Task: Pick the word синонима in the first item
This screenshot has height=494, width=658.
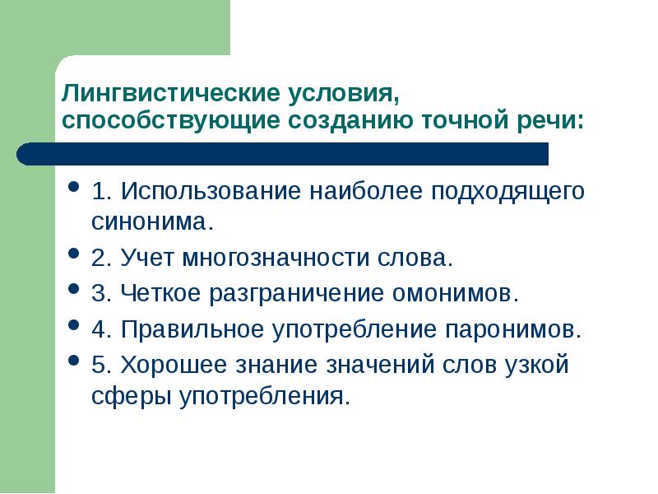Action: pos(151,221)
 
